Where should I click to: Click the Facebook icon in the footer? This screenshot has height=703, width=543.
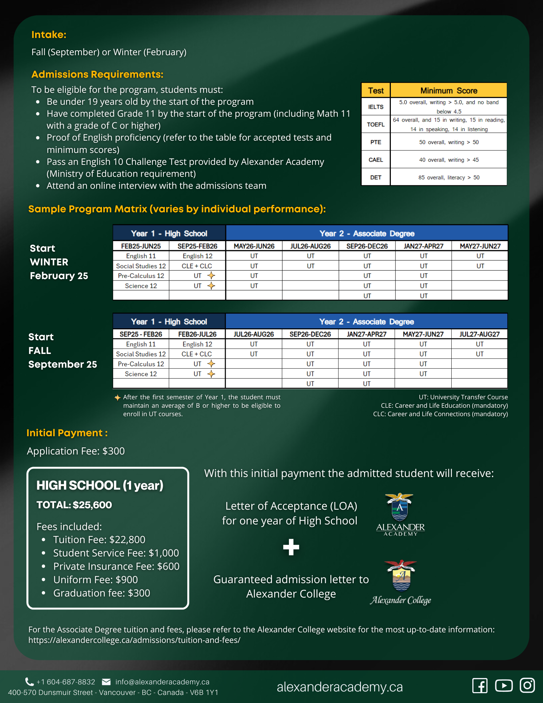pyautogui.click(x=480, y=685)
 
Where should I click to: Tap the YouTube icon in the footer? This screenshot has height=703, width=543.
pyautogui.click(x=504, y=685)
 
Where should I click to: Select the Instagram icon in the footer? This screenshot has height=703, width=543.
pyautogui.click(x=527, y=685)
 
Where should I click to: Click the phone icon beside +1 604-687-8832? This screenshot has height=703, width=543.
pyautogui.click(x=30, y=682)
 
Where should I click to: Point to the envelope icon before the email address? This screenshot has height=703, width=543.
pyautogui.click(x=106, y=682)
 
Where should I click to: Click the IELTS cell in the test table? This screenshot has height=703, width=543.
pyautogui.click(x=376, y=107)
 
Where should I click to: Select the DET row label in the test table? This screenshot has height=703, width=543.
pyautogui.click(x=376, y=178)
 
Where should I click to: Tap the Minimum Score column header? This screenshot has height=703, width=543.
pyautogui.click(x=448, y=91)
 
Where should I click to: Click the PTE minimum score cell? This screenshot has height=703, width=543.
pyautogui.click(x=448, y=142)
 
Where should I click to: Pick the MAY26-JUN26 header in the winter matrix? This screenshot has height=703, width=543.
pyautogui.click(x=254, y=246)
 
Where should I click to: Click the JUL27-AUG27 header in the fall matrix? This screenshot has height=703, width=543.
pyautogui.click(x=479, y=334)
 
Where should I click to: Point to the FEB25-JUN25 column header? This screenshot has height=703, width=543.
pyautogui.click(x=141, y=246)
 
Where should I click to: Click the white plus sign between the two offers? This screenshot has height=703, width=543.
pyautogui.click(x=291, y=547)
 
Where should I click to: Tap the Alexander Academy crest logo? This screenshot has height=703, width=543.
pyautogui.click(x=400, y=508)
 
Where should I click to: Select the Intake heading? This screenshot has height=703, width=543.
pyautogui.click(x=49, y=34)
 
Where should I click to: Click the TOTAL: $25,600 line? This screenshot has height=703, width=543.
pyautogui.click(x=74, y=505)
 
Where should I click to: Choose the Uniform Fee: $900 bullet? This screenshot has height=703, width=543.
pyautogui.click(x=95, y=580)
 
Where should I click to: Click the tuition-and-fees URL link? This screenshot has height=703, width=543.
pyautogui.click(x=134, y=640)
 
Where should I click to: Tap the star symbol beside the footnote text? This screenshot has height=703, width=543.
pyautogui.click(x=117, y=398)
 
